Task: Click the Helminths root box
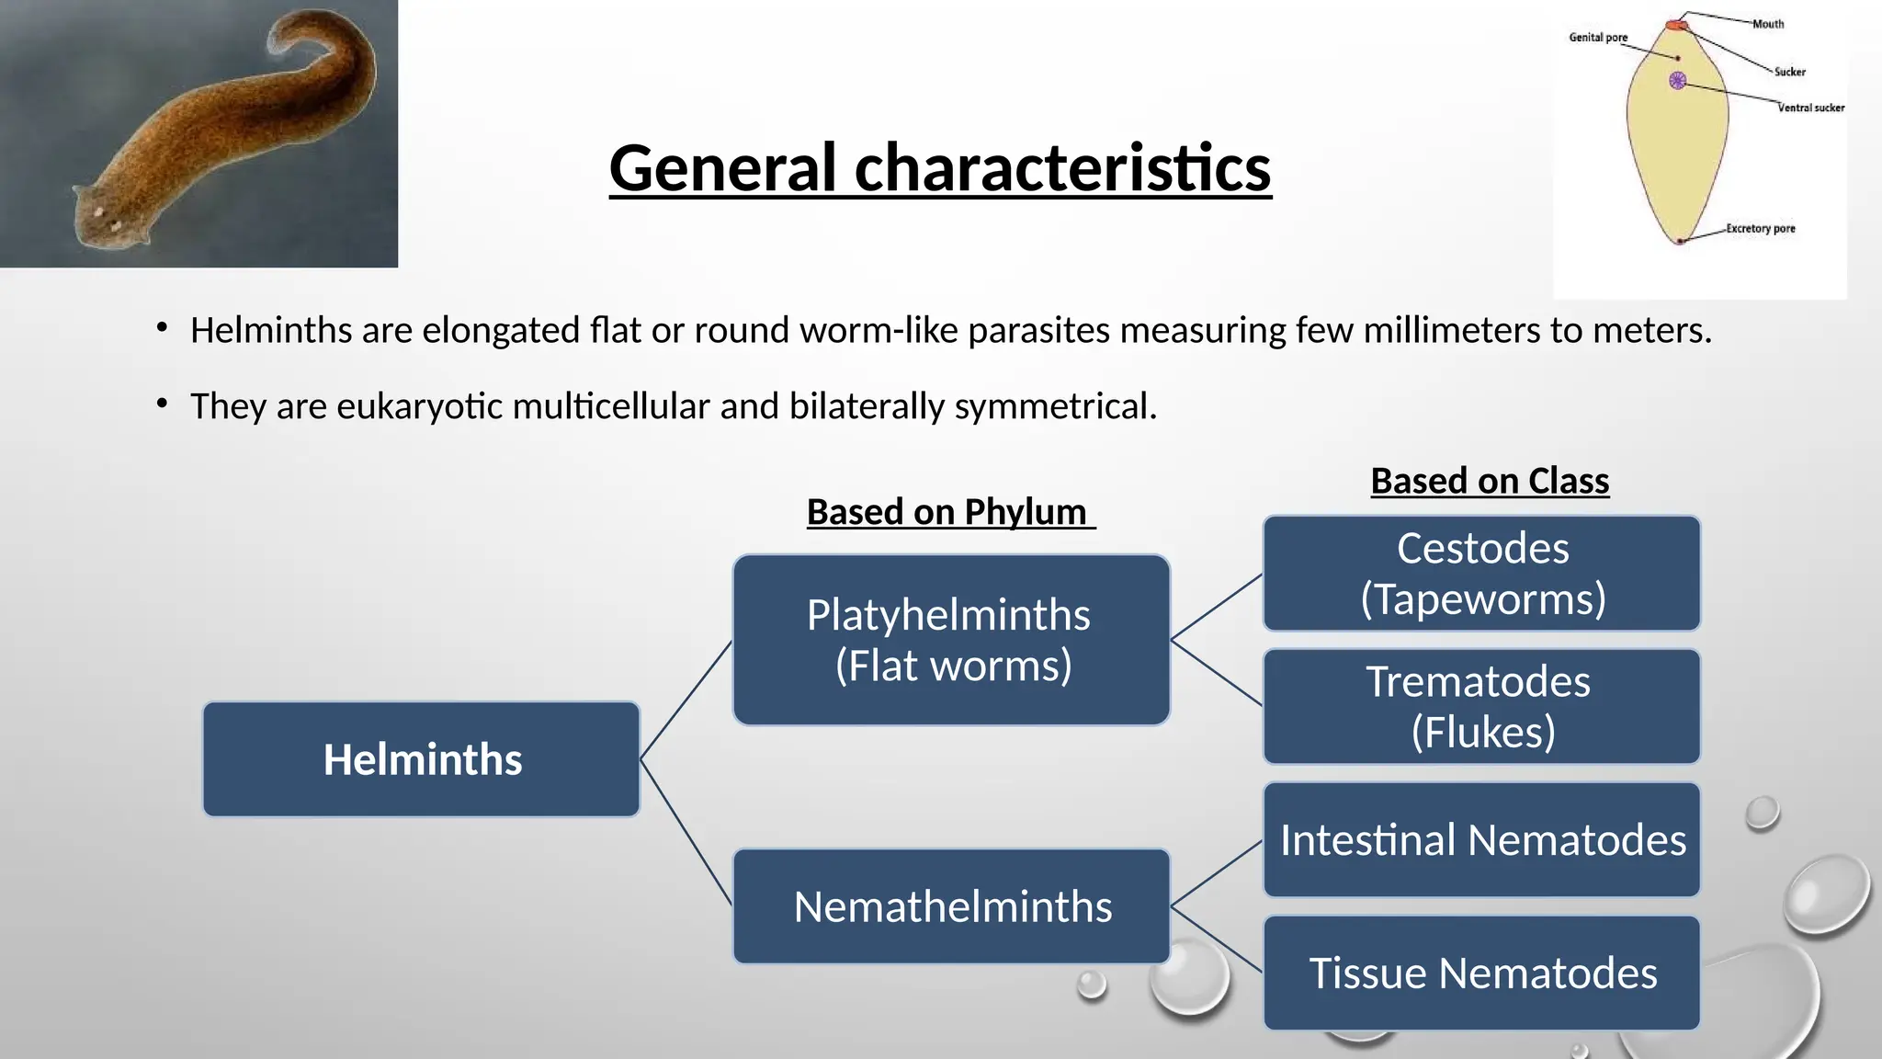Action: click(421, 759)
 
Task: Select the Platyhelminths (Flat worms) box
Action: click(951, 640)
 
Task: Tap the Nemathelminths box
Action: click(951, 906)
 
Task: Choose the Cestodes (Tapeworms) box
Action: click(1481, 574)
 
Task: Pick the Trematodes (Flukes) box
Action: click(1481, 707)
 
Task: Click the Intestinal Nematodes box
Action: click(1481, 840)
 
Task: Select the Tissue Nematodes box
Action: click(1481, 973)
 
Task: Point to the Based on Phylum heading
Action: click(947, 512)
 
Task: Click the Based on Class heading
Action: click(1490, 481)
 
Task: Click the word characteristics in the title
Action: click(1063, 168)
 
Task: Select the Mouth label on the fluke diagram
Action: click(1767, 24)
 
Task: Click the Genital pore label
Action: click(1597, 38)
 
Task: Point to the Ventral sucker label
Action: click(1810, 108)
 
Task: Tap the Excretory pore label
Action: click(1760, 228)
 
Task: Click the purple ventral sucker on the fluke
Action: click(1677, 81)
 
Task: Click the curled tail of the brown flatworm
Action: click(312, 41)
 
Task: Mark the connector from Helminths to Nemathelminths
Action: click(686, 833)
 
